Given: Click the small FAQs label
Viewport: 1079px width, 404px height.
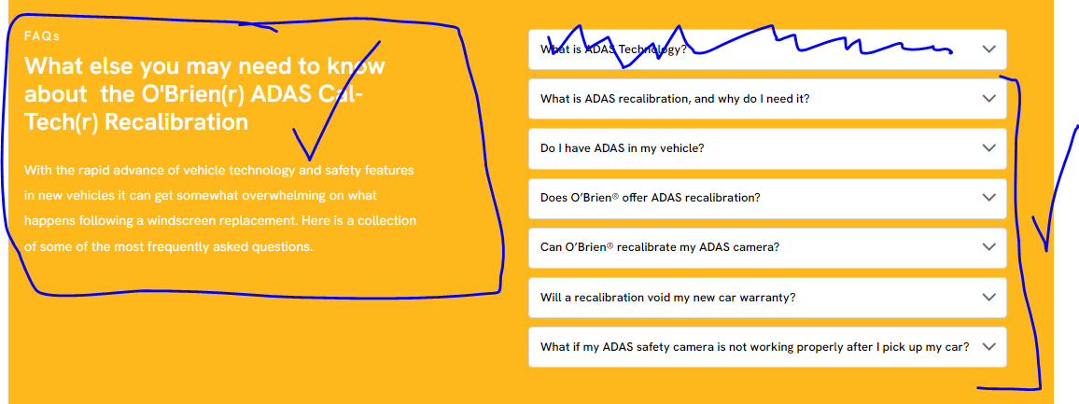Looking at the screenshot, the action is coord(42,36).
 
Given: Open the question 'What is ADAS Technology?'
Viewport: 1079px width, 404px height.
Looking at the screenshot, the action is coord(613,49).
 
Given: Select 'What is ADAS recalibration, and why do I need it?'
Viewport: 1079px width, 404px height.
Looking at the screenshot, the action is coord(675,98).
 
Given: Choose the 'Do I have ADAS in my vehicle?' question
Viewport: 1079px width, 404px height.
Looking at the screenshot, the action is coord(622,148).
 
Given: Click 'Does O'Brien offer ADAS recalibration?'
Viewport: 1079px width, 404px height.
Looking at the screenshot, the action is coord(651,198).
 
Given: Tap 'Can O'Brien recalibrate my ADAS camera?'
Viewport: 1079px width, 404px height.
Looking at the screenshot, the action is coord(660,247).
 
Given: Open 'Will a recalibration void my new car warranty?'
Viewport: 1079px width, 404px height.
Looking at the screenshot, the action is coord(668,298).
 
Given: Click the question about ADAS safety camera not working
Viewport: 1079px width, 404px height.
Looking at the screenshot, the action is coord(755,347).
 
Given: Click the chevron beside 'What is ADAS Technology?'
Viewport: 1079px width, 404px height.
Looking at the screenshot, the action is coord(988,49).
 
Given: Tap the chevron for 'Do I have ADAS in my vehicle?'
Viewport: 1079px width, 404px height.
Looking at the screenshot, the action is coord(988,148).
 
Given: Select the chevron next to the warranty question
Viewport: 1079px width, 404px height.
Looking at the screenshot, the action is coord(988,298).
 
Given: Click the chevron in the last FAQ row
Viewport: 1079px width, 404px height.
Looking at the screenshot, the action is coord(988,347).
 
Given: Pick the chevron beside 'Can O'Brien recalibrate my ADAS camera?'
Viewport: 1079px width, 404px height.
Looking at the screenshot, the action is coord(988,247).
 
